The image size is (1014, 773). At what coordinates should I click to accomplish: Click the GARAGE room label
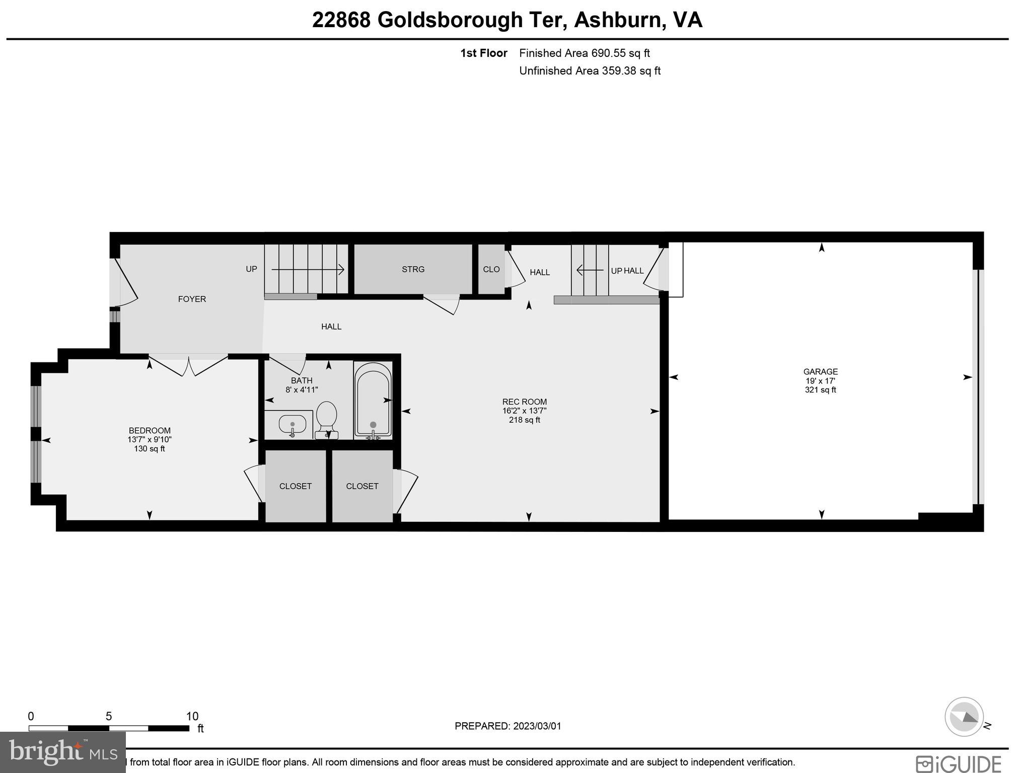(x=820, y=372)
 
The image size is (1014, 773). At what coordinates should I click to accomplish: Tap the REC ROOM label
(x=524, y=402)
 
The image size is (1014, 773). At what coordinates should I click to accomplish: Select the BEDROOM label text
(x=150, y=430)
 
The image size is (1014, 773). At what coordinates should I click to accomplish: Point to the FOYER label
(x=192, y=299)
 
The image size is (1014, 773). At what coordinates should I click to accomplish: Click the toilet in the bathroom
(x=326, y=418)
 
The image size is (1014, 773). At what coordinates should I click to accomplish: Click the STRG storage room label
(x=413, y=269)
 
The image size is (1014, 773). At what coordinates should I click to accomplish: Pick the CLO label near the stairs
(x=491, y=269)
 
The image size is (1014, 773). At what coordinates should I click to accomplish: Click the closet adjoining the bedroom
(x=296, y=486)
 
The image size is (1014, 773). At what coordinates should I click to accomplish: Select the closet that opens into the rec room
(x=362, y=486)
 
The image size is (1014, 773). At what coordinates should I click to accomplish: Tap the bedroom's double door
(x=189, y=364)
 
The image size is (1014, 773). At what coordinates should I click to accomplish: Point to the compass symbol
(x=964, y=717)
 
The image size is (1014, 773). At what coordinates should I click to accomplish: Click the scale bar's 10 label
(x=192, y=716)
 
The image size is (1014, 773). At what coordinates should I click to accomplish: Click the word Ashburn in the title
(x=617, y=20)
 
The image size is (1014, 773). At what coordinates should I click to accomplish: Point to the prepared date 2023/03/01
(x=537, y=726)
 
